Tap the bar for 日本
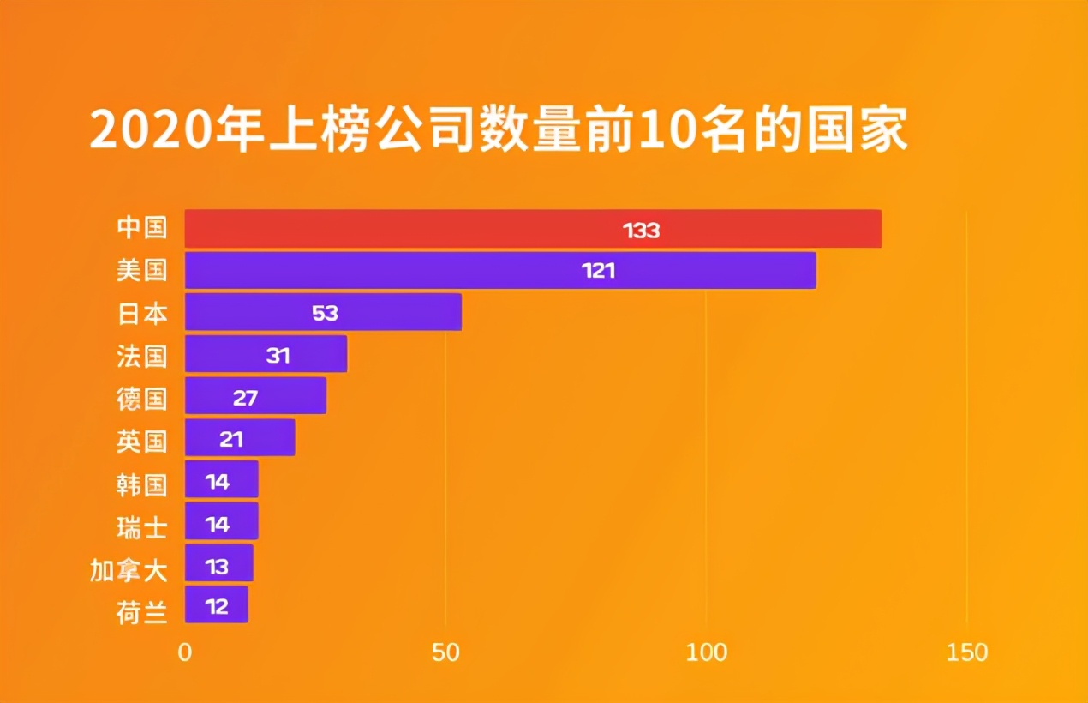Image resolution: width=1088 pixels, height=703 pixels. (323, 312)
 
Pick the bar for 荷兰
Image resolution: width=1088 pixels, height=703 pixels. (216, 605)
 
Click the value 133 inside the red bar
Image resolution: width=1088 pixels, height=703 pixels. (641, 230)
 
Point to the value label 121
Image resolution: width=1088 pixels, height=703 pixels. (598, 272)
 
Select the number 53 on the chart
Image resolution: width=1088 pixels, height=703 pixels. (325, 313)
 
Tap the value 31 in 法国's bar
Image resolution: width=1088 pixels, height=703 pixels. (278, 355)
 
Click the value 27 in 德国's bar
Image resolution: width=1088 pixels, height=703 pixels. (245, 398)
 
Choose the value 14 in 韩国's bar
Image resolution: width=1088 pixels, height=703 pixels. (218, 482)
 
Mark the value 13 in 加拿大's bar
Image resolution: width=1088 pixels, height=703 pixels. (217, 566)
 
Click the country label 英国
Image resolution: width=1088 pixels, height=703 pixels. (141, 441)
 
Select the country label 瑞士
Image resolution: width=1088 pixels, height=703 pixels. (141, 526)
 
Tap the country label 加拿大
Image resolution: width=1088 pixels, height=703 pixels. (129, 569)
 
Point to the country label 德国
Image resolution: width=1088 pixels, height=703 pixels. (141, 399)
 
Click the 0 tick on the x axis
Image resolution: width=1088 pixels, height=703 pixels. (185, 652)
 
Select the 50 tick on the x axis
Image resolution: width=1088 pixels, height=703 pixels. (445, 652)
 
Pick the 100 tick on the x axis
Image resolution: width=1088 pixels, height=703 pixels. (706, 652)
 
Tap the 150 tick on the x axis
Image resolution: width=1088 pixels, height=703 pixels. (967, 652)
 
